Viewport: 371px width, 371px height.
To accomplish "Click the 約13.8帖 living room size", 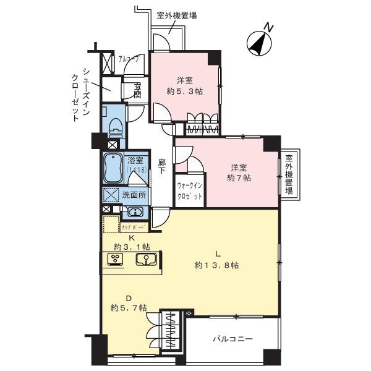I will pyautogui.click(x=216, y=265).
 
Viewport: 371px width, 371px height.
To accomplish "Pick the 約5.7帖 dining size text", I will pyautogui.click(x=129, y=307).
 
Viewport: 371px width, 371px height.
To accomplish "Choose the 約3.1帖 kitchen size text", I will pyautogui.click(x=132, y=247).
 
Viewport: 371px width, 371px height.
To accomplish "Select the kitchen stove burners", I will pyautogui.click(x=115, y=258).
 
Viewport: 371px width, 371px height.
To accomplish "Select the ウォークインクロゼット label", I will pyautogui.click(x=190, y=190).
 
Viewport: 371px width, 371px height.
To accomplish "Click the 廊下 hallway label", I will pyautogui.click(x=162, y=166).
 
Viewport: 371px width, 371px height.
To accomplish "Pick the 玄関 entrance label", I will pyautogui.click(x=137, y=90).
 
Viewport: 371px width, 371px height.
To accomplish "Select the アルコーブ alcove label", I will pyautogui.click(x=129, y=61).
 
